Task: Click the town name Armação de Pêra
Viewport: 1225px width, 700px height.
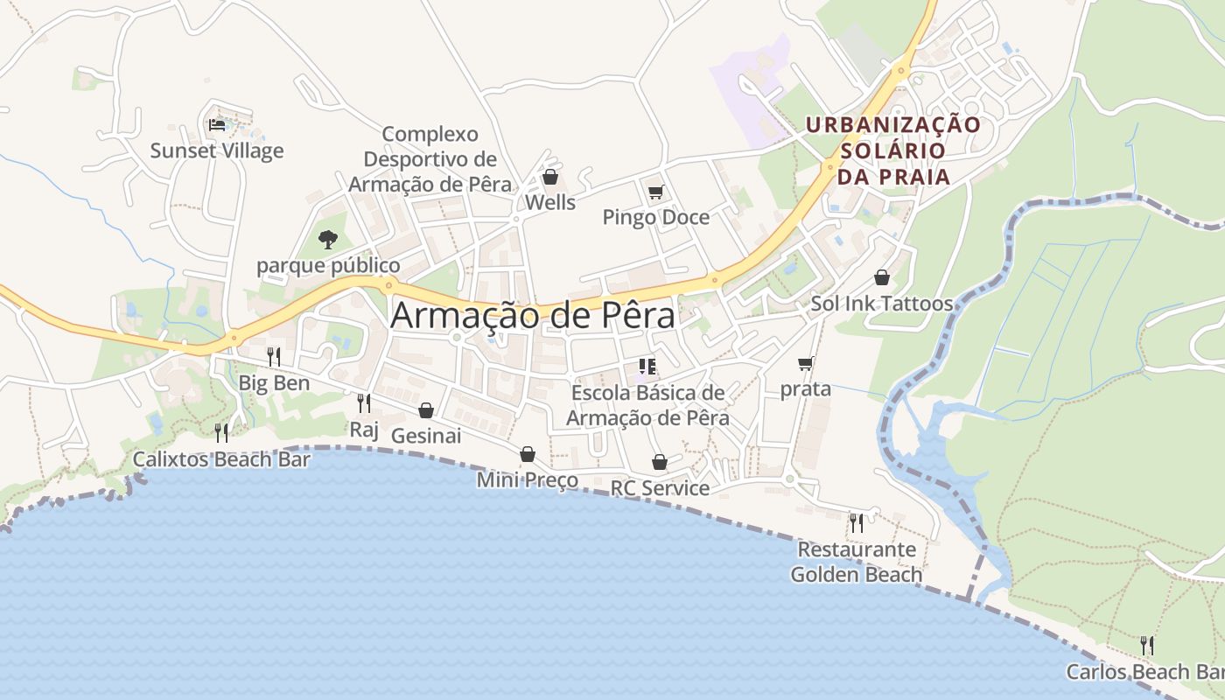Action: click(x=532, y=316)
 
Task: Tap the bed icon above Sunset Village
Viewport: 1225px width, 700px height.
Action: click(x=217, y=124)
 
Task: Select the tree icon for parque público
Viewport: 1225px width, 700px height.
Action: click(x=328, y=238)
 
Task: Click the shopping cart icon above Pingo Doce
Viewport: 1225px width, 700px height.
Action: click(x=655, y=192)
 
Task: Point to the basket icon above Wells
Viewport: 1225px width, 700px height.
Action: click(x=550, y=178)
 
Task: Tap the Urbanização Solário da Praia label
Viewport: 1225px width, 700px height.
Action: click(x=893, y=150)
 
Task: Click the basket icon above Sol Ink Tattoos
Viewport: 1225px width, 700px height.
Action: click(x=881, y=277)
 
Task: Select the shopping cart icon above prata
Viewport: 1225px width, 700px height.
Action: click(x=805, y=363)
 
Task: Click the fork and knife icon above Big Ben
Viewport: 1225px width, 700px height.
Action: click(x=274, y=356)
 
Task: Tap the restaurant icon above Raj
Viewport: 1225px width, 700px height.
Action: click(x=364, y=402)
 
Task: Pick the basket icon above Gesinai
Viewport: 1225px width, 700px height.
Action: click(x=426, y=409)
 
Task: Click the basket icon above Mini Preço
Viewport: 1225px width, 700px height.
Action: click(x=527, y=454)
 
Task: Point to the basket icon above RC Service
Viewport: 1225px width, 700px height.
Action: click(x=660, y=462)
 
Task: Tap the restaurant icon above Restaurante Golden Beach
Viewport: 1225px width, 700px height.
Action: click(x=857, y=523)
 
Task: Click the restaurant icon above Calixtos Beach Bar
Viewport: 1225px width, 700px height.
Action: click(x=221, y=432)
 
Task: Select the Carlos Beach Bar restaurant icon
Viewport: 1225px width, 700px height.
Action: click(x=1146, y=646)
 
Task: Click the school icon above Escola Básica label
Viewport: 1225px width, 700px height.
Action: click(x=647, y=367)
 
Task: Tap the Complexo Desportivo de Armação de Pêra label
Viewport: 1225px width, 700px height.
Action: click(x=430, y=159)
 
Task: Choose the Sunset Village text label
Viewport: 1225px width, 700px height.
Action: click(x=217, y=150)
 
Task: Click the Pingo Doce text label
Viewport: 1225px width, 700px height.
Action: click(x=655, y=217)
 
